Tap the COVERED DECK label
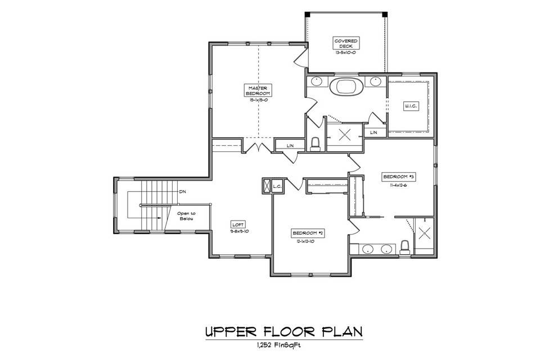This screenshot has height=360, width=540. [x=346, y=44]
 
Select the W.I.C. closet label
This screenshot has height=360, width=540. [x=409, y=106]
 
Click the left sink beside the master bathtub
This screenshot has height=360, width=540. [x=317, y=82]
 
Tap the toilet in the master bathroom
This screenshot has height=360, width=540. [x=316, y=144]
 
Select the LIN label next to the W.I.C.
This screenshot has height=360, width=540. [x=373, y=132]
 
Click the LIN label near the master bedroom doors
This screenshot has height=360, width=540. [x=290, y=146]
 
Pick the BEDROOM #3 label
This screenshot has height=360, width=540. [x=398, y=177]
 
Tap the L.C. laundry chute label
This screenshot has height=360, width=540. [x=277, y=186]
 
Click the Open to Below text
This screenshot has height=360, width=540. [x=186, y=216]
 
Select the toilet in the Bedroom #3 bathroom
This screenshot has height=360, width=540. [x=404, y=247]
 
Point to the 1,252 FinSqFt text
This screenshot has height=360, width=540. [x=269, y=346]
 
